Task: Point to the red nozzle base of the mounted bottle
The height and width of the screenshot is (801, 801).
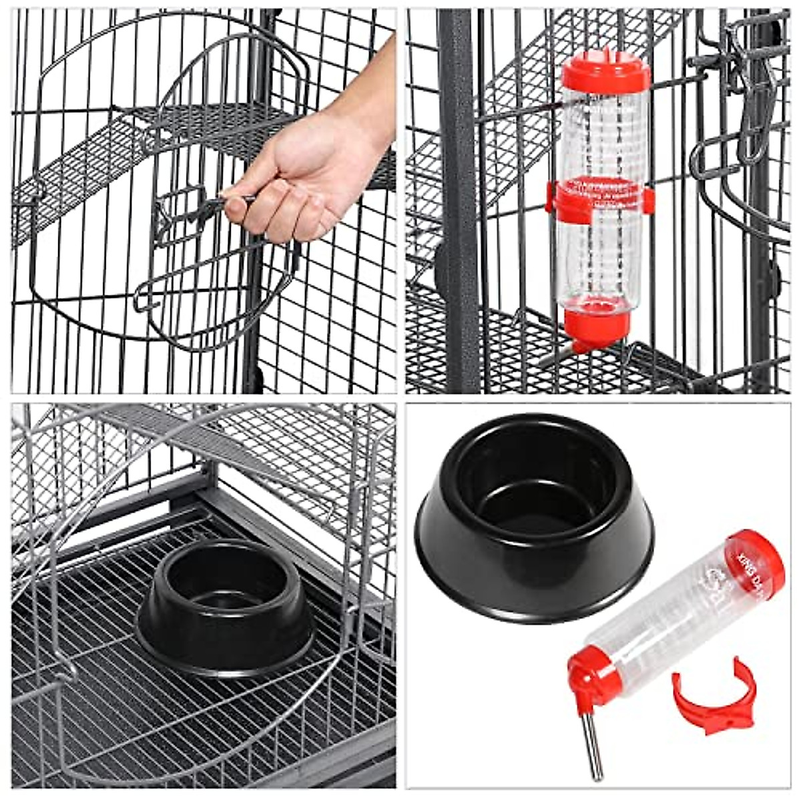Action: tap(596, 324)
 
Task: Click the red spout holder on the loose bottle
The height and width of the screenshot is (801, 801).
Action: tap(591, 681)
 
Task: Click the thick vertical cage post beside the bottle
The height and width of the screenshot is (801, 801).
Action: tap(457, 200)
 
